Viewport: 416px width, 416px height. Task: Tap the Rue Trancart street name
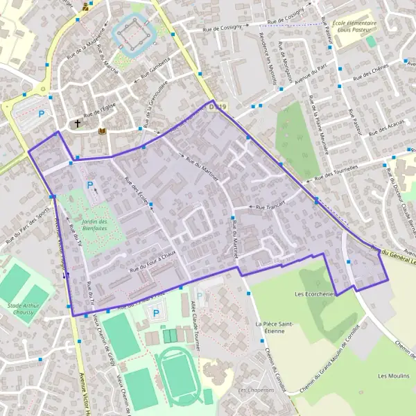click(269, 207)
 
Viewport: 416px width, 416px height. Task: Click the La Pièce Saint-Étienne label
click(275, 327)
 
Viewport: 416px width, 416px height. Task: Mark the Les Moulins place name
click(392, 375)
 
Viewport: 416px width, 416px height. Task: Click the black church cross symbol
click(78, 124)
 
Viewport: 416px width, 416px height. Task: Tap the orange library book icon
click(103, 130)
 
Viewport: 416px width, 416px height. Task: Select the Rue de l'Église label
click(98, 111)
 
